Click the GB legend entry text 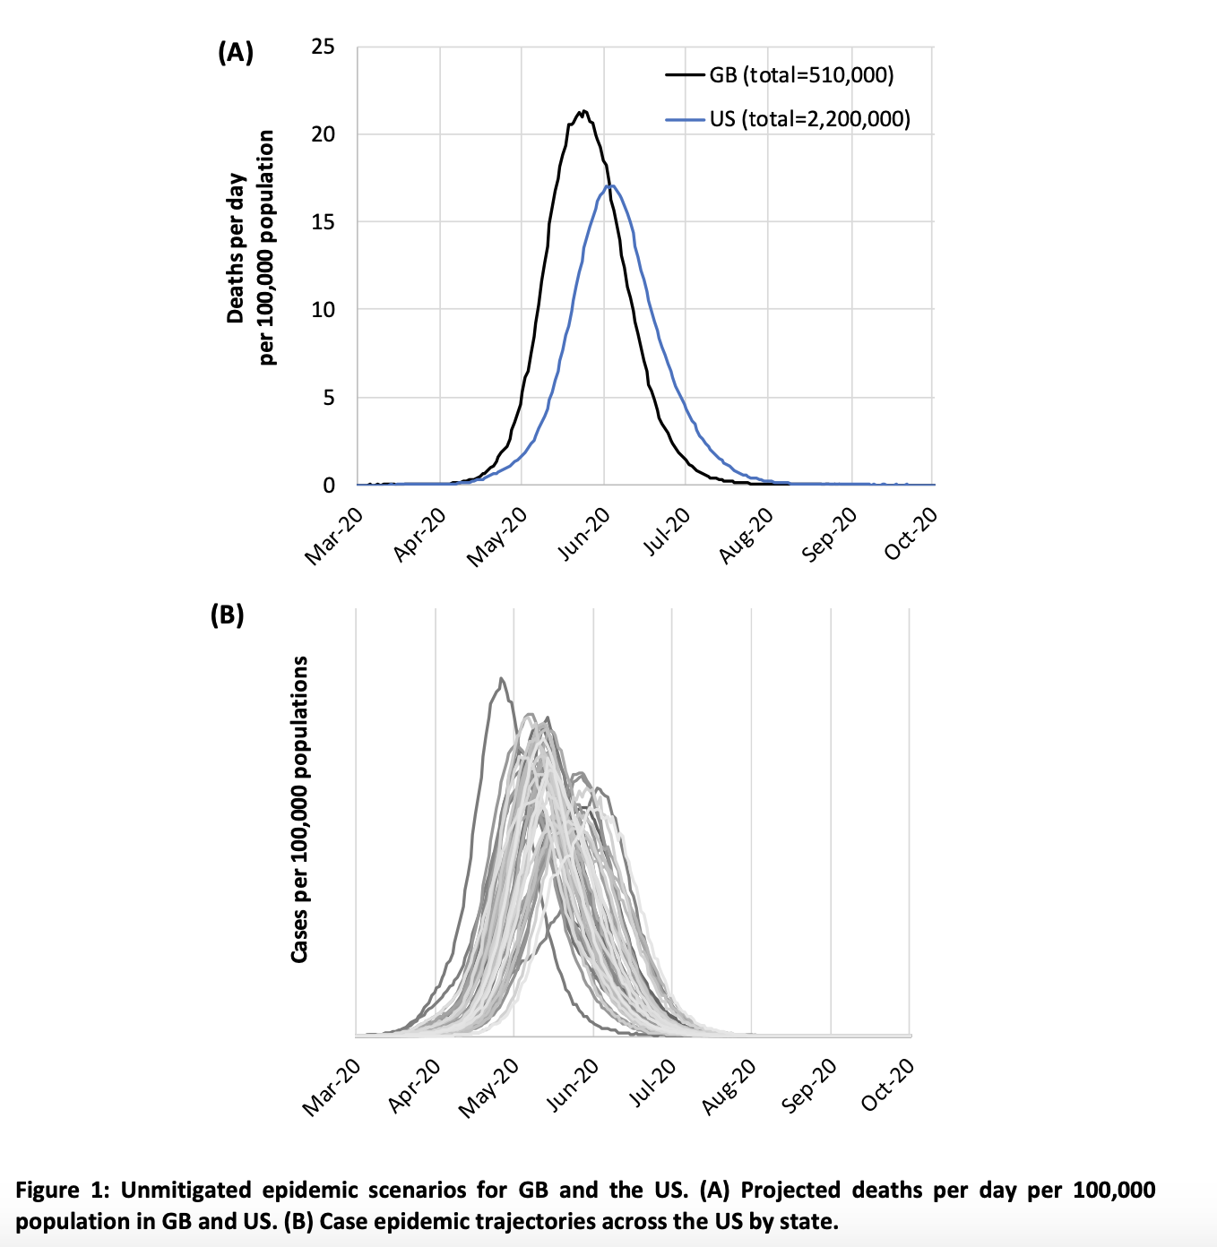[801, 75]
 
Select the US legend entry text [810, 118]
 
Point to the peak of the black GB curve [583, 111]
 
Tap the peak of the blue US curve [612, 185]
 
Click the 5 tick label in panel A [328, 397]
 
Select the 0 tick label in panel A [328, 485]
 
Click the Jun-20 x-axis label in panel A [583, 535]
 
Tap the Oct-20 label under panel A [911, 535]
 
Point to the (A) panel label [236, 53]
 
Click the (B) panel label [227, 615]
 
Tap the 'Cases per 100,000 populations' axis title [299, 810]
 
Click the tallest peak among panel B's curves [501, 679]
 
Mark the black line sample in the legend [686, 75]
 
